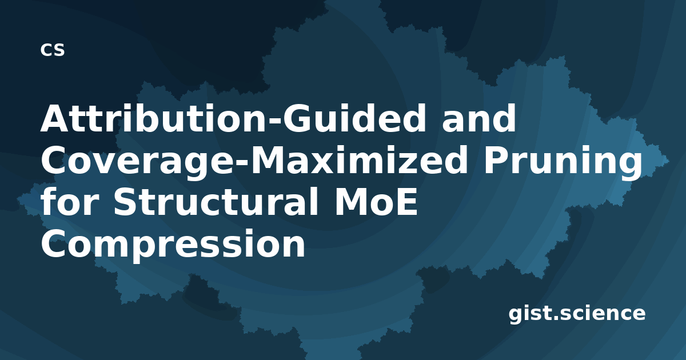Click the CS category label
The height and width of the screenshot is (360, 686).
(53, 50)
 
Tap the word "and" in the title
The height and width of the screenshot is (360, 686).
(479, 118)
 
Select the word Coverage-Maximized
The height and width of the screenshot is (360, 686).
(254, 161)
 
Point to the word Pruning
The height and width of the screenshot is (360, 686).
(563, 161)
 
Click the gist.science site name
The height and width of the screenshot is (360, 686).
(577, 314)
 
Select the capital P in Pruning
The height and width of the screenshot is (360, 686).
(496, 161)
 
